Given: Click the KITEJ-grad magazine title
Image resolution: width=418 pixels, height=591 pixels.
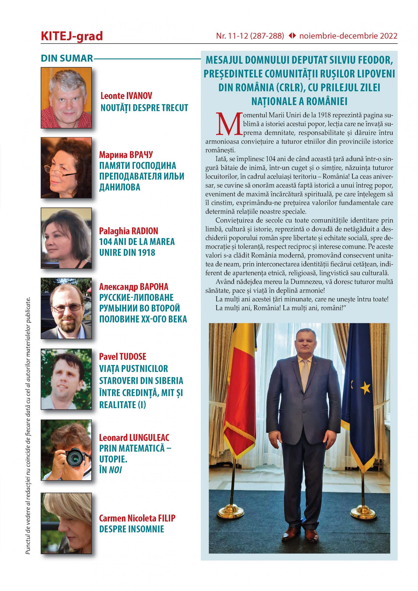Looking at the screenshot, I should (x=72, y=36).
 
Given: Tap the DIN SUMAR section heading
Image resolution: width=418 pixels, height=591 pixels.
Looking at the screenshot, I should (x=67, y=58).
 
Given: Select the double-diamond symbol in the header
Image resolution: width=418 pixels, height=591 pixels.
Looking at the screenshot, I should (x=292, y=36).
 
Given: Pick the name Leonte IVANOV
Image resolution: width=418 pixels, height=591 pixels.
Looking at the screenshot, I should (x=126, y=96).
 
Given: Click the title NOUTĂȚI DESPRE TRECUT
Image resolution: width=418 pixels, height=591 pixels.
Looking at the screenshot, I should (x=144, y=108).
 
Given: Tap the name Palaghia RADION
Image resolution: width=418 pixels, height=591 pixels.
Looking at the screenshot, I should (x=128, y=231).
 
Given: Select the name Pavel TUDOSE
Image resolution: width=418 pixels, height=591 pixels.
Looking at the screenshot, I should (x=123, y=356).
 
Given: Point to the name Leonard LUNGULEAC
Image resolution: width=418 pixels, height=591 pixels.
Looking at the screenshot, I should (x=134, y=437).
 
